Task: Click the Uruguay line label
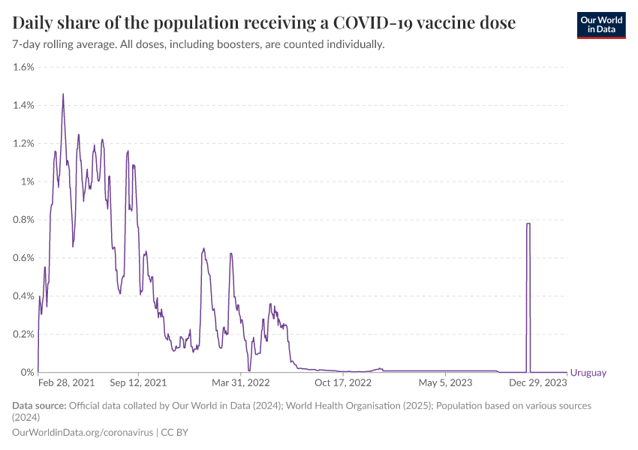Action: point(588,373)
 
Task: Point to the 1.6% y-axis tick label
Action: point(23,67)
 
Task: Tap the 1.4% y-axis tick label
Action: point(23,105)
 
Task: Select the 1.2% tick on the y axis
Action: point(23,143)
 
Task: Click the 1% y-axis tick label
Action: point(28,181)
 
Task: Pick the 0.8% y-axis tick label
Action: point(23,220)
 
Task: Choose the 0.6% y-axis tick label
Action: point(23,258)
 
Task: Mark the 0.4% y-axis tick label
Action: point(23,296)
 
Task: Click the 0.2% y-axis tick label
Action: point(23,334)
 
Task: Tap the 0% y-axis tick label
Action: point(28,373)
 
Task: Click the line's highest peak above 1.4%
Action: point(63,94)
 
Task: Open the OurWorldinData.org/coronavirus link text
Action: point(83,433)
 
